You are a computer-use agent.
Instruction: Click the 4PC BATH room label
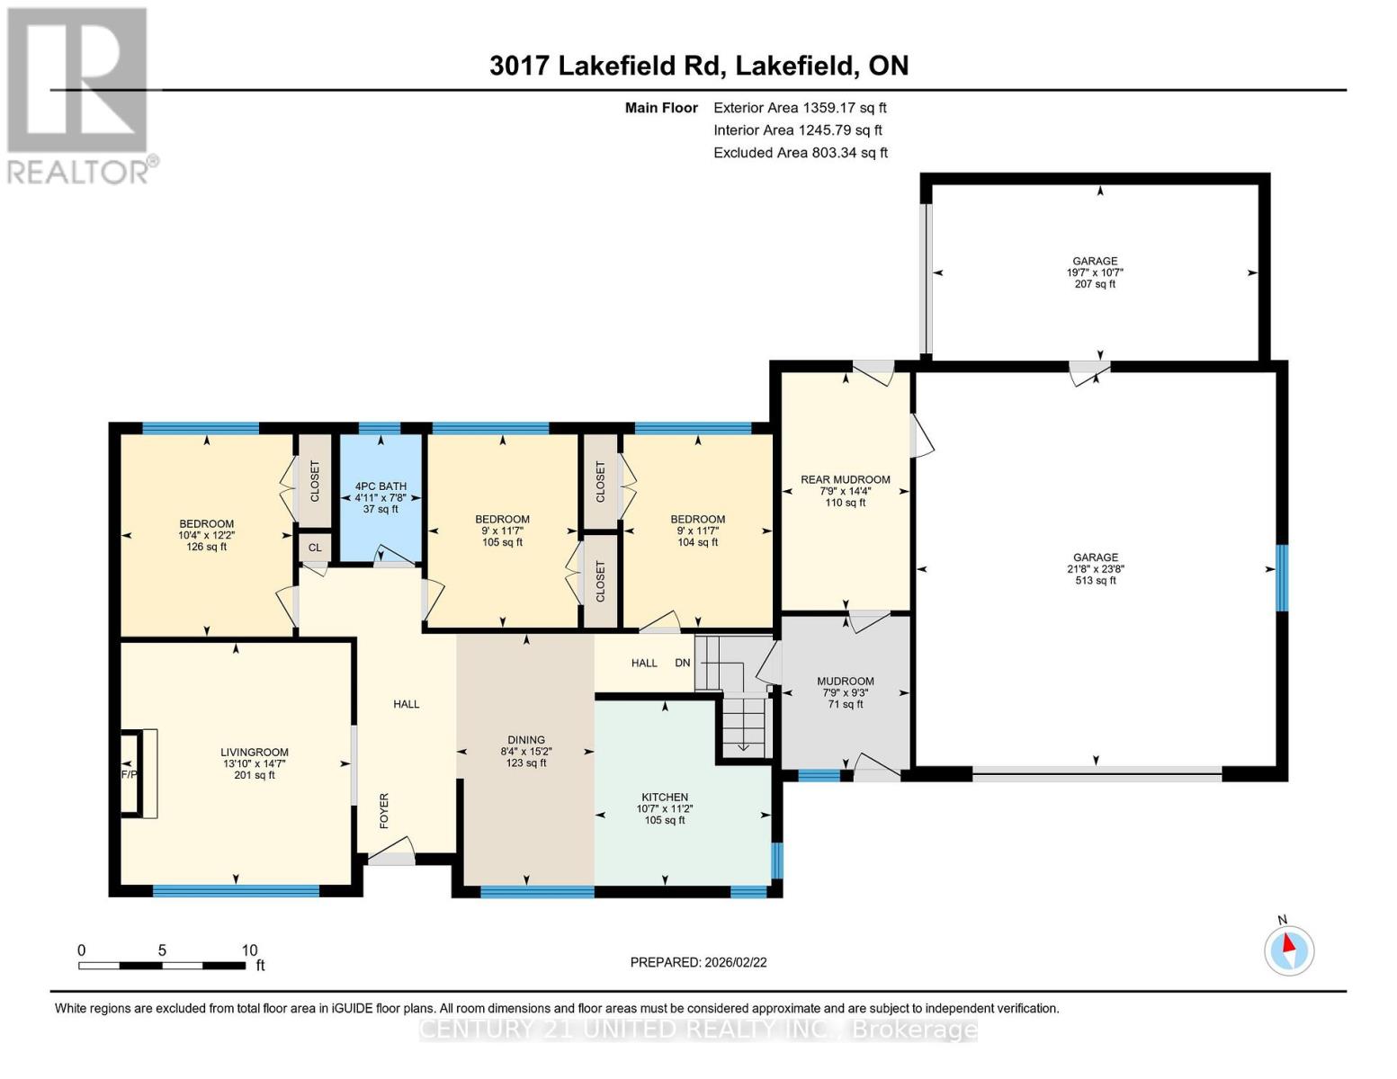381,486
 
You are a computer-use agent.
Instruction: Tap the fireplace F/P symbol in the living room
130,773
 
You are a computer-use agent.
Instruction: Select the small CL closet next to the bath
315,547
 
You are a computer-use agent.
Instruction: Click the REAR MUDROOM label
845,479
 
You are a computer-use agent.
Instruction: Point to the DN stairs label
683,663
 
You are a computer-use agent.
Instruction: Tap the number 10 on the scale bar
249,950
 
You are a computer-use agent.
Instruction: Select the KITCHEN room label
665,797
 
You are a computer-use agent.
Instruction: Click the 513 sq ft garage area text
1095,581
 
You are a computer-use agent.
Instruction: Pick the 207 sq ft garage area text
1095,284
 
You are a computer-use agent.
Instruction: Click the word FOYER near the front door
384,810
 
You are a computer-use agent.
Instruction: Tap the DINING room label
526,740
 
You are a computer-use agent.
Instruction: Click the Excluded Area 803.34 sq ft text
800,153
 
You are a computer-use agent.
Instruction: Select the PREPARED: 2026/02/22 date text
698,962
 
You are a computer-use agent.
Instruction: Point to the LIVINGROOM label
255,752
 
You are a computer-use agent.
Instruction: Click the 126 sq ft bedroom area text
206,547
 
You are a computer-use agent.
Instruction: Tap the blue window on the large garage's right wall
1281,577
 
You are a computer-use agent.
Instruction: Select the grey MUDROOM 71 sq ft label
845,682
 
